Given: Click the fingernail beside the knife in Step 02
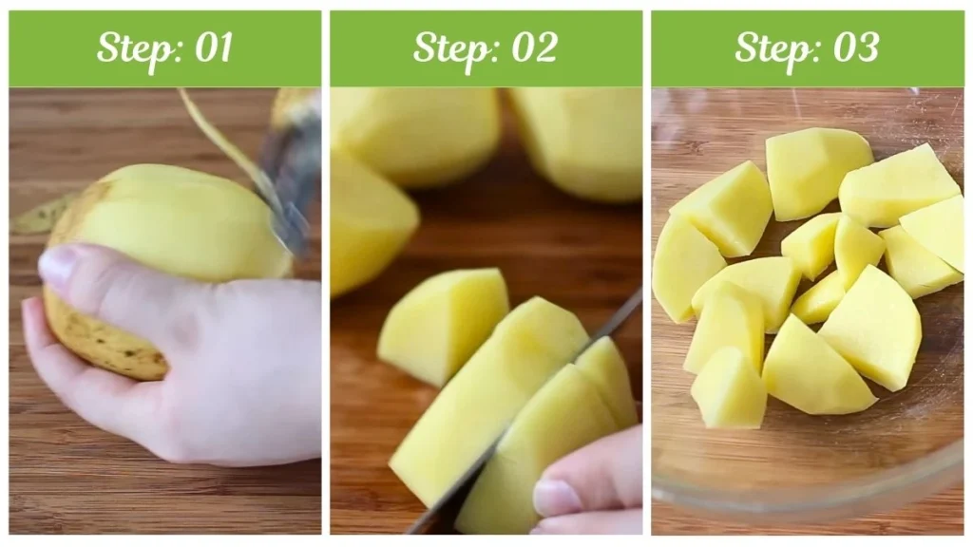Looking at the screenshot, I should (x=556, y=497).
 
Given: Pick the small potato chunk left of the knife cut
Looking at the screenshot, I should (x=443, y=323).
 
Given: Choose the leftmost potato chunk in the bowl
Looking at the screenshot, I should (x=685, y=266).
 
